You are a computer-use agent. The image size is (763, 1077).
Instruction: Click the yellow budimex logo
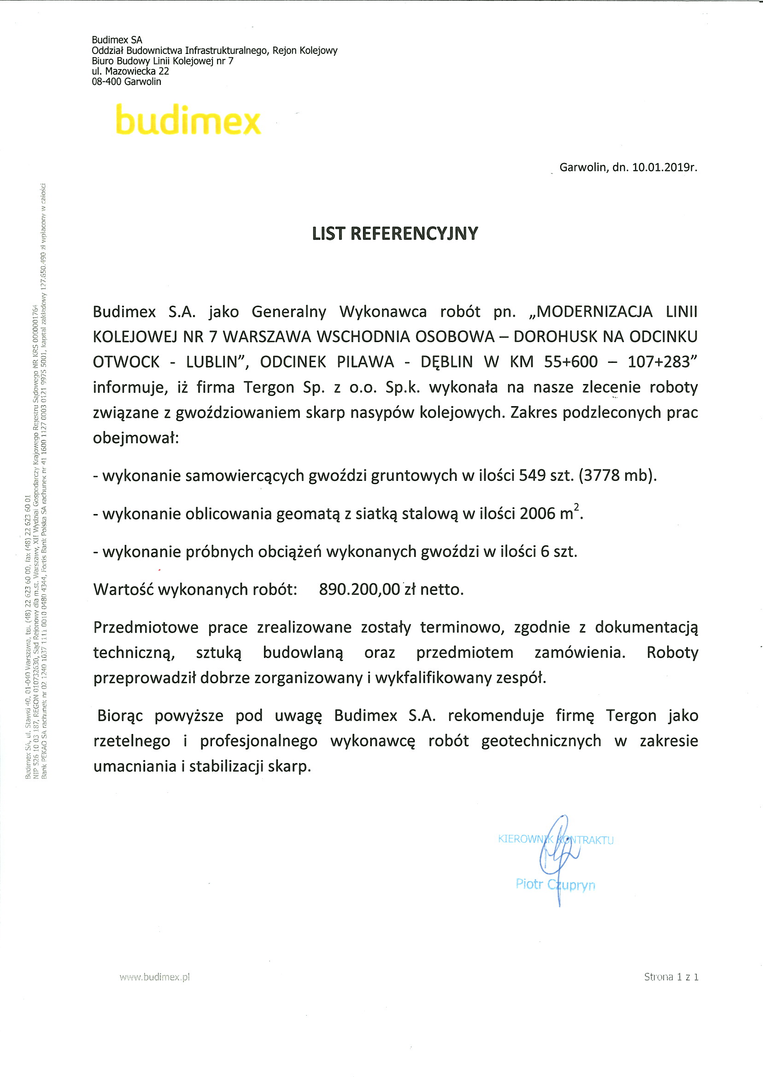click(188, 121)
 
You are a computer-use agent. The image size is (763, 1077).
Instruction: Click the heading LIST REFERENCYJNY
click(395, 234)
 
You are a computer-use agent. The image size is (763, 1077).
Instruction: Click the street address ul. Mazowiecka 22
click(130, 71)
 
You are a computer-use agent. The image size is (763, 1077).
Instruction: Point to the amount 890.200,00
click(359, 589)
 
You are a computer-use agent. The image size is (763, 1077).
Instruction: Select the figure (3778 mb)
click(617, 476)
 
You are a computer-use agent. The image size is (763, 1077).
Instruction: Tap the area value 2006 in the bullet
click(538, 514)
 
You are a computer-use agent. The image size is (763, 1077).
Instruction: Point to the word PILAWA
click(365, 362)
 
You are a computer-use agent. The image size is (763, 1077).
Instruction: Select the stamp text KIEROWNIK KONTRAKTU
click(555, 840)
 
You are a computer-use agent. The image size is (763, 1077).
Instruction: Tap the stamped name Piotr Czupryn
click(555, 884)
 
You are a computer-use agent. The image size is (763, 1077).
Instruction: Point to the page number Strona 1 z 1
click(671, 976)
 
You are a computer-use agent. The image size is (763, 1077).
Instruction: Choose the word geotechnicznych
click(541, 741)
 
